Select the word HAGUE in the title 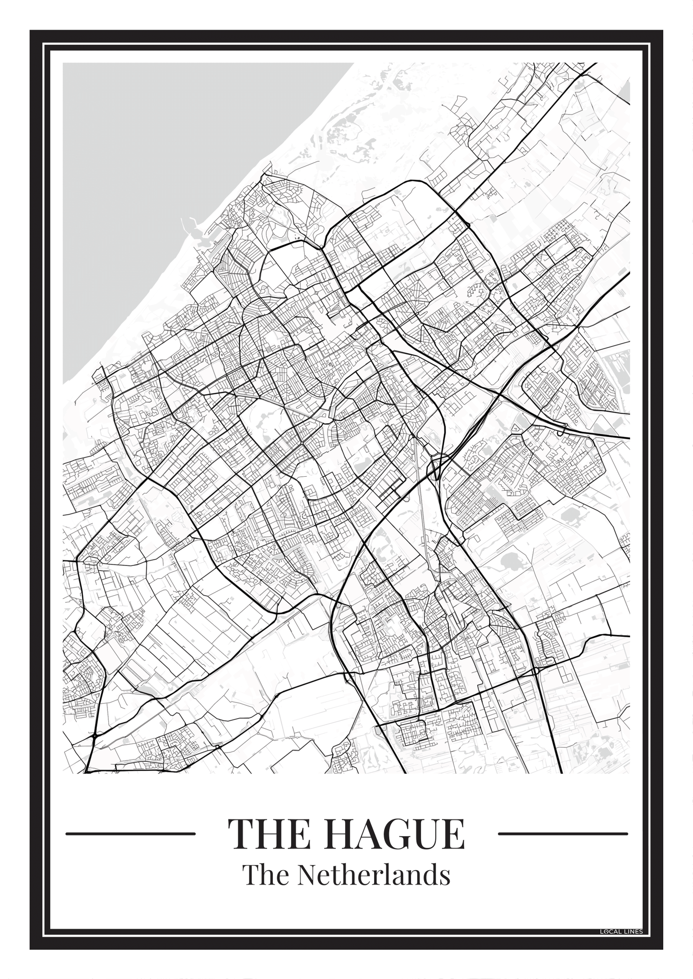coord(393,834)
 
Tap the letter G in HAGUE coord(399,834)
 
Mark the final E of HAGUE coord(453,834)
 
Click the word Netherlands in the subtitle coord(373,875)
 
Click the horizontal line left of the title coord(130,833)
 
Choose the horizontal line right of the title coord(563,833)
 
